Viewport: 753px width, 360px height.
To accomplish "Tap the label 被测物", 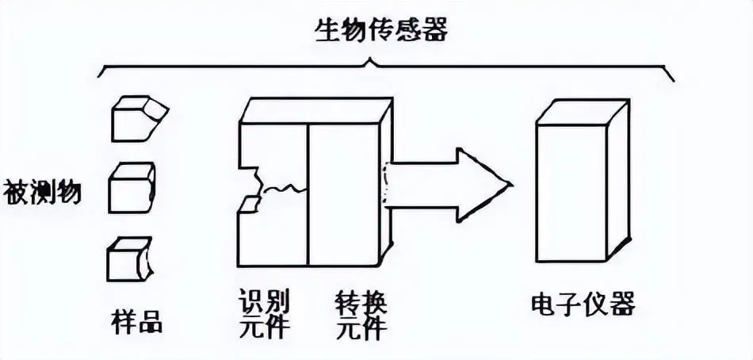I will click(x=42, y=191).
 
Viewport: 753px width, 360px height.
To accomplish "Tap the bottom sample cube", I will click(x=128, y=258).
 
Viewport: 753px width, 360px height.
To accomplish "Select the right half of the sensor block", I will click(x=345, y=191).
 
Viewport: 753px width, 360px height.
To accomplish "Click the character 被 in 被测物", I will click(x=17, y=191).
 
